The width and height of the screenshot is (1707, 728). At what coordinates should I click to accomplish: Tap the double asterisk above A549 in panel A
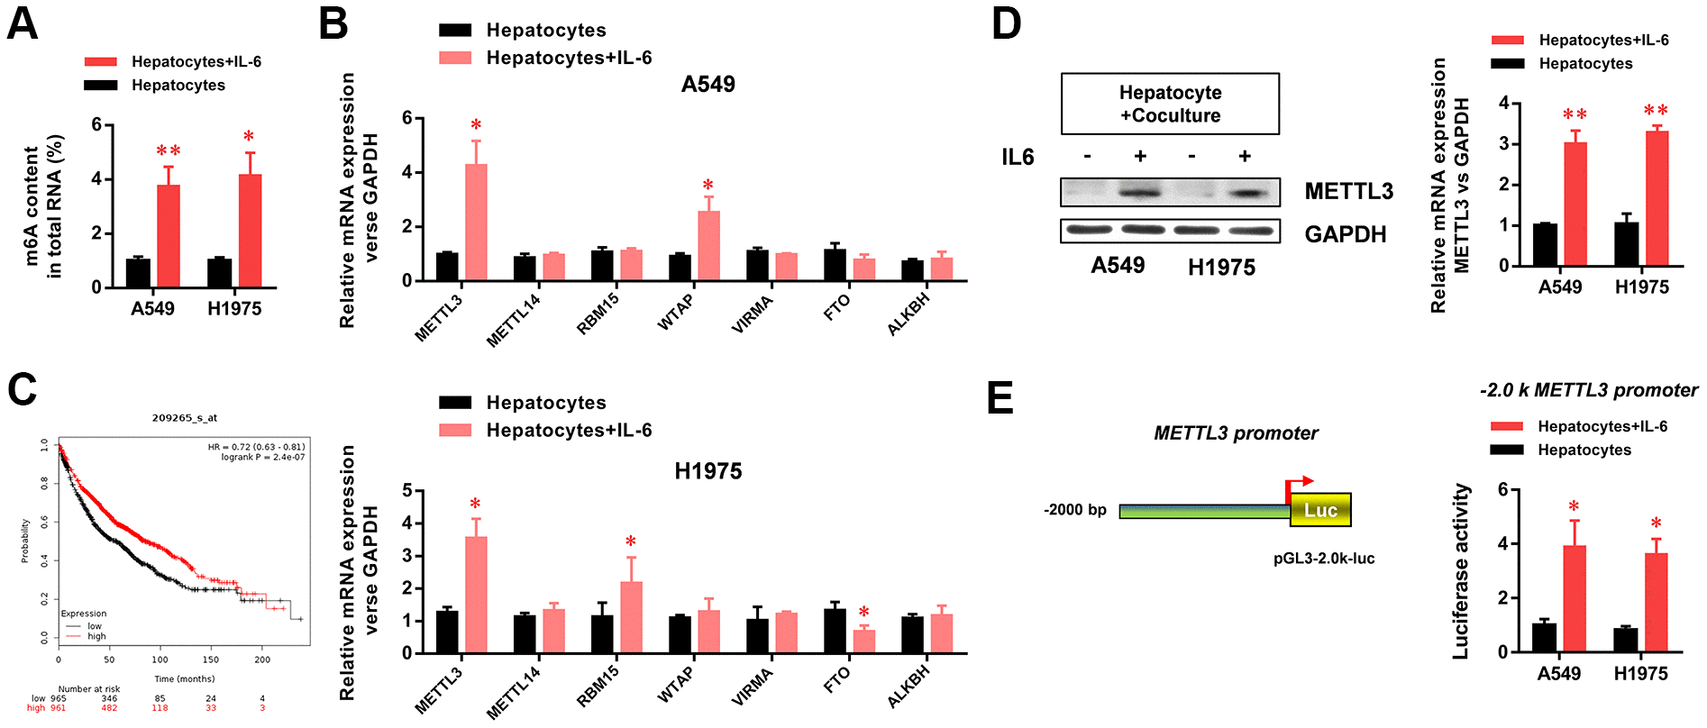coord(169,150)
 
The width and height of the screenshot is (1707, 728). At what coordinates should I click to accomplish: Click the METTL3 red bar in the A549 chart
coord(476,223)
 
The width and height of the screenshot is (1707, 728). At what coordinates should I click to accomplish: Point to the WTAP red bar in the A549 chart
coord(708,246)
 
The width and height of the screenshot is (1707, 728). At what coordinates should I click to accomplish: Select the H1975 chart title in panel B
coord(707,471)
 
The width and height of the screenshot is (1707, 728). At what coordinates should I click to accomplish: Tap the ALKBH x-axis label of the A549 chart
coord(908,315)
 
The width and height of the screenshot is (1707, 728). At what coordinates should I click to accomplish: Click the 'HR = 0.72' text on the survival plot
coord(256,447)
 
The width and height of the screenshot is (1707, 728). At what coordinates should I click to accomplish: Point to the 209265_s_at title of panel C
coord(184,418)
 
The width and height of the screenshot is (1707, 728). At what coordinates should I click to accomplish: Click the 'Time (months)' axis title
coord(184,678)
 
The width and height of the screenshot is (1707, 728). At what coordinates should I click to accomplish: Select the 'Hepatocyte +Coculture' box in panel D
coord(1170,104)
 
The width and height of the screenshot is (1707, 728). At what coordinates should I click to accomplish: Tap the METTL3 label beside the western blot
coord(1348,191)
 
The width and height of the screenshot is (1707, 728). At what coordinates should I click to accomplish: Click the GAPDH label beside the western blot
coord(1345,234)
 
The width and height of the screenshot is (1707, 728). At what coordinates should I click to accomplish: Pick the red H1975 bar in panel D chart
coord(1657,198)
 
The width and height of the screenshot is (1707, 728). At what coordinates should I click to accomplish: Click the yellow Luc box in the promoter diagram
coord(1320,510)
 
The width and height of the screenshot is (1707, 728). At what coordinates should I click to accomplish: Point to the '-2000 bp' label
coord(1074,510)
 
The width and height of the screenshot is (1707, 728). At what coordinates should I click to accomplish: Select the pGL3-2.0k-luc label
coord(1323,559)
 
